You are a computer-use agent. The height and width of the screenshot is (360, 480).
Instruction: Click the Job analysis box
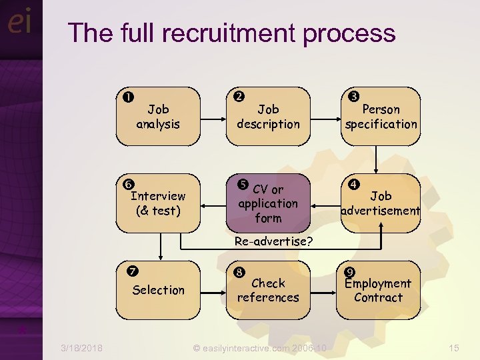point(158,117)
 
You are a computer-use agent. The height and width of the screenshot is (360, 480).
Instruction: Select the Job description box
point(268,117)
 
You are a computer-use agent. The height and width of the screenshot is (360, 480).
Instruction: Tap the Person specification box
point(381,117)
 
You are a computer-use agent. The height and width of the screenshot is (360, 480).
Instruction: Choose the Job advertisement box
point(381,203)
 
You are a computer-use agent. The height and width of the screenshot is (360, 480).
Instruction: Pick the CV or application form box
point(268,203)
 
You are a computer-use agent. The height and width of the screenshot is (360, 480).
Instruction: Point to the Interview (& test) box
point(158,203)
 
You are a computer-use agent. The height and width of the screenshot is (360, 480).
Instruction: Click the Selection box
point(158,290)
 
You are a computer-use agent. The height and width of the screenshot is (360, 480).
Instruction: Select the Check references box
point(268,290)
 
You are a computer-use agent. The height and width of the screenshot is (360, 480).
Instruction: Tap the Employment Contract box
point(378,290)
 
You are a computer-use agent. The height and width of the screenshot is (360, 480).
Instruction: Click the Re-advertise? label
point(273,241)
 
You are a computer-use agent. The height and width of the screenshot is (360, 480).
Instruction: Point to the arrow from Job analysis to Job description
point(213,117)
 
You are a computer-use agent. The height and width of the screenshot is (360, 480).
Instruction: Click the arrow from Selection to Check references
point(213,290)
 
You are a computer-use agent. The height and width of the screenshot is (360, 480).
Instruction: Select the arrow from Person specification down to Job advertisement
point(377,160)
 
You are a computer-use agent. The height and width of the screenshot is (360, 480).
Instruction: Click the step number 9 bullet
point(349,271)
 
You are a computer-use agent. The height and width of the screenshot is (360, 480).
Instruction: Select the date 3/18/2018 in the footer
point(81,347)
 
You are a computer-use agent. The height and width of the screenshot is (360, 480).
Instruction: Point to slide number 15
point(454,347)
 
